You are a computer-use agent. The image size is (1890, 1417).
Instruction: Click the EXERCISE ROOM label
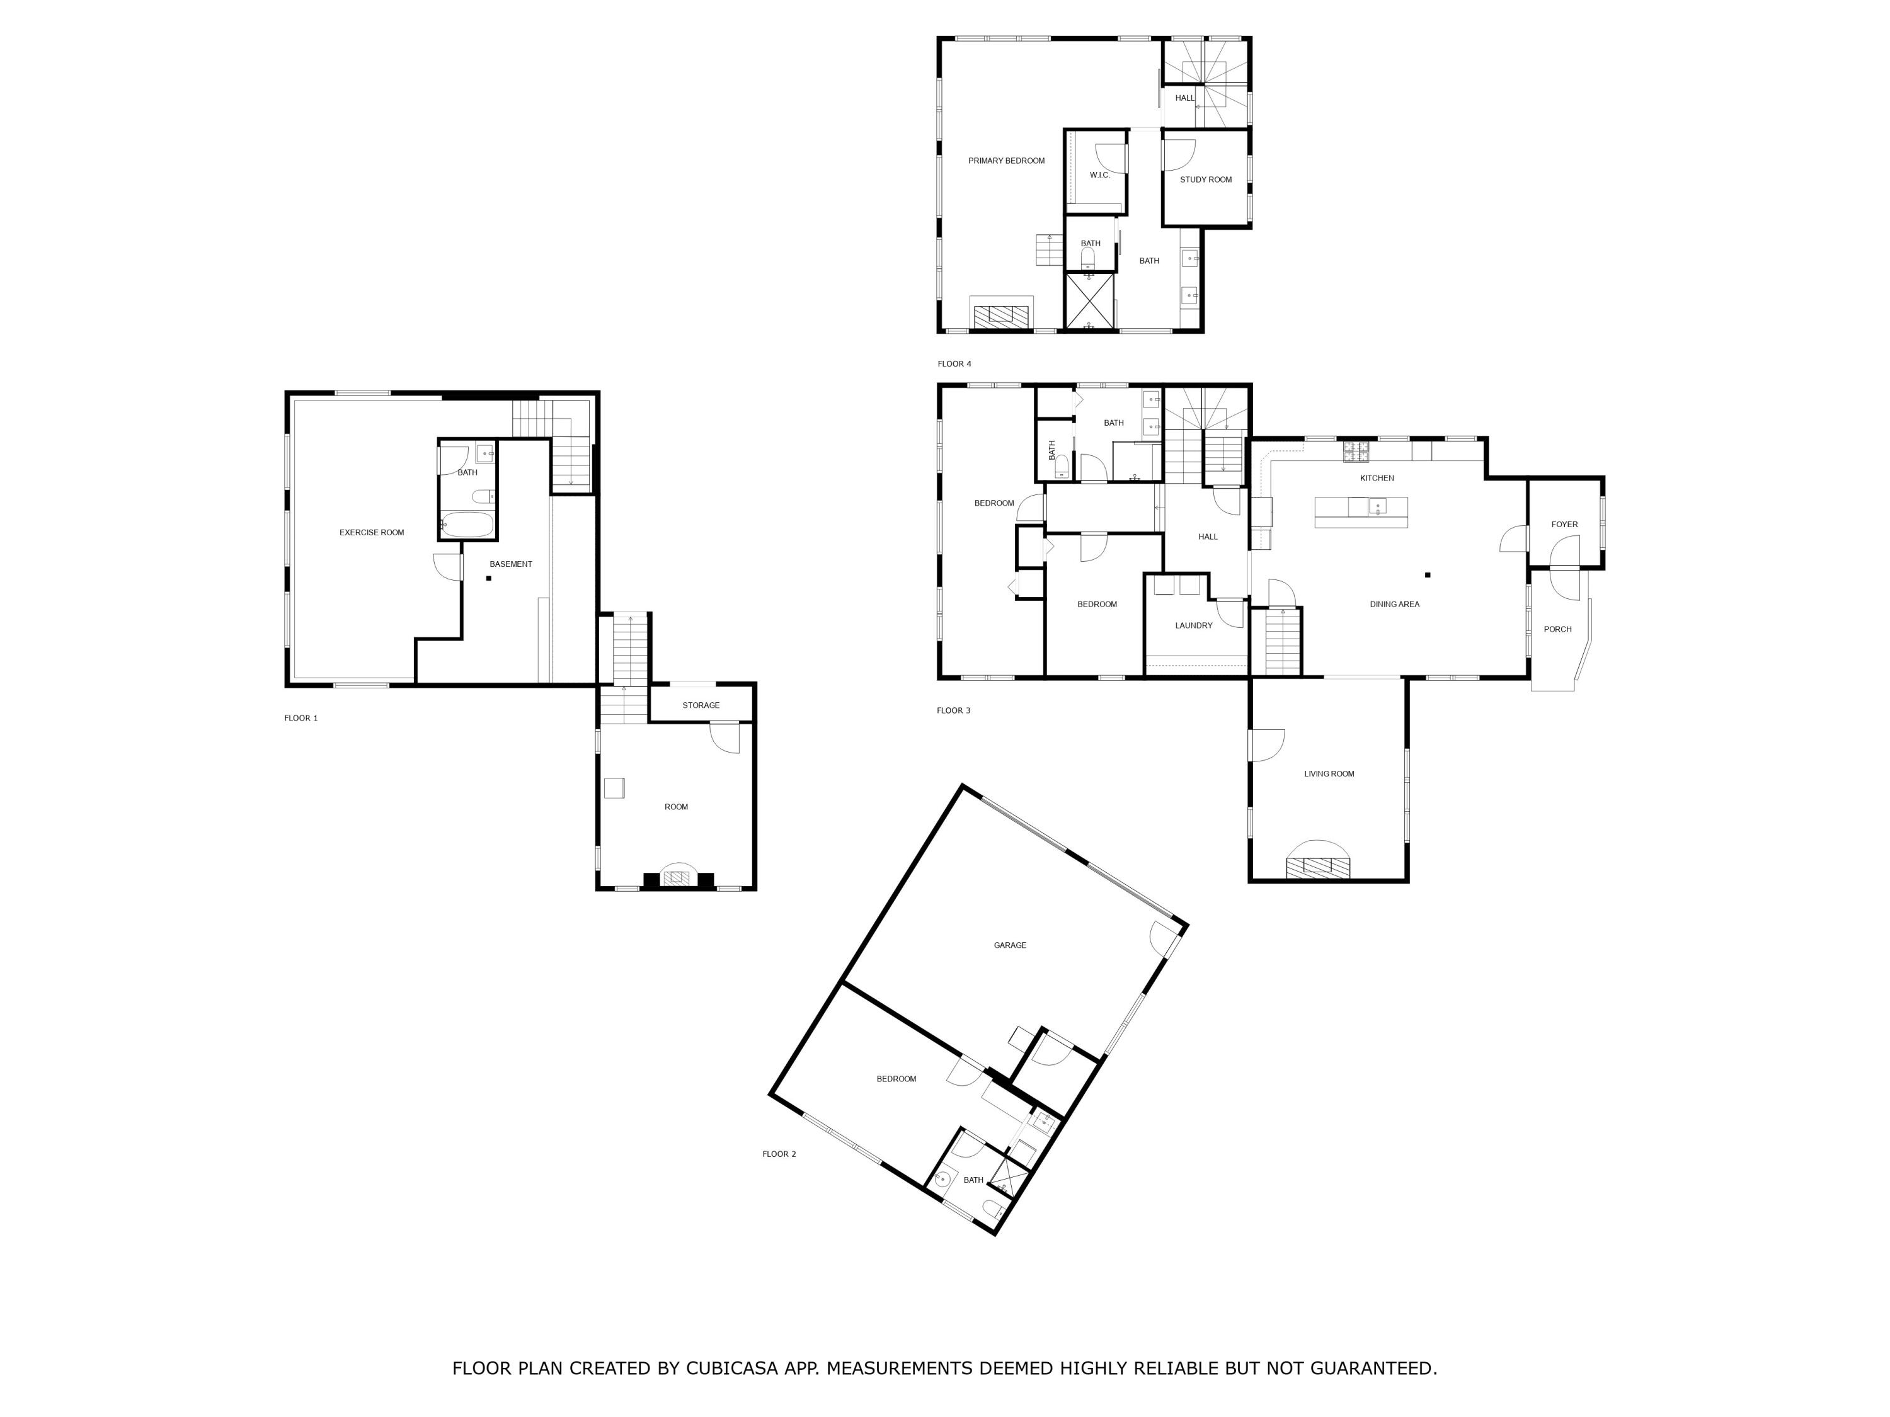pos(372,533)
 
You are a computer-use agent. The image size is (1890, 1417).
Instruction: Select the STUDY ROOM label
pos(1206,180)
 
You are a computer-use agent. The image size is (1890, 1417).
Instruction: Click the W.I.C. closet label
pos(1099,175)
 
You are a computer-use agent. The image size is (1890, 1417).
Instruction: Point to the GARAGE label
pos(1009,945)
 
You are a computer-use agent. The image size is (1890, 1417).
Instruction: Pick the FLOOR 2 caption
pos(779,1154)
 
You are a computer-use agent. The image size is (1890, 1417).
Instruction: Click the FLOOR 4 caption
pos(954,364)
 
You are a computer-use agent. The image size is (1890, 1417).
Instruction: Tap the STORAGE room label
pos(701,705)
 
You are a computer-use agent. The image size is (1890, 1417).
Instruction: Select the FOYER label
pos(1564,525)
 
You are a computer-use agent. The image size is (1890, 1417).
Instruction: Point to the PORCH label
pos(1557,630)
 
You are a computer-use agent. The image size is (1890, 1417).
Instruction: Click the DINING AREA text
pos(1394,605)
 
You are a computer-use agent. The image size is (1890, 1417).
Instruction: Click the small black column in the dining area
pos(1427,575)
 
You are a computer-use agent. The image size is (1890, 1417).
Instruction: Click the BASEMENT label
pos(510,564)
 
